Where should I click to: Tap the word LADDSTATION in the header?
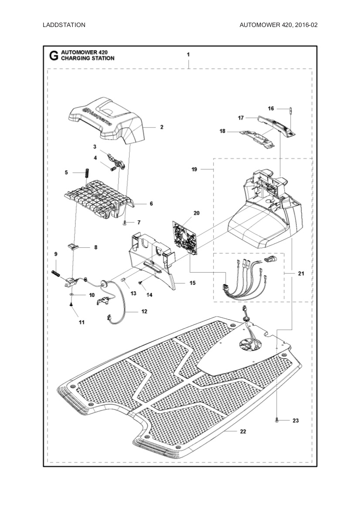pos(64,25)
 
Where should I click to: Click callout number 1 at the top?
pos(188,55)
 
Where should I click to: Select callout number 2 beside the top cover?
pos(162,127)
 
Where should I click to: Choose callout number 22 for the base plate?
pos(243,431)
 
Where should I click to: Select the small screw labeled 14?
pos(140,283)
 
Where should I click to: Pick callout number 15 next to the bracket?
pos(193,283)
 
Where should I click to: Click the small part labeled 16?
pos(290,109)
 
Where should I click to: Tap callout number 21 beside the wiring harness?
pos(301,274)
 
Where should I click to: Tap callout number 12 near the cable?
pos(144,311)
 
